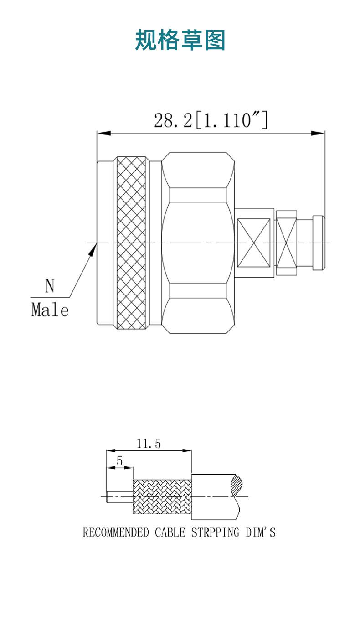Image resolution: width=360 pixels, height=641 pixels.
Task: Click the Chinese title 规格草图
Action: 180,40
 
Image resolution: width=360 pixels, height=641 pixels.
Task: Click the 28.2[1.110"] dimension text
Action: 211,120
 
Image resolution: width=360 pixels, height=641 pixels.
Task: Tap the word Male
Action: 50,310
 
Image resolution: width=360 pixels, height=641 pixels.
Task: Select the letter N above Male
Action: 50,285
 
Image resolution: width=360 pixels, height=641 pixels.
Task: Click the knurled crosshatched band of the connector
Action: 131,243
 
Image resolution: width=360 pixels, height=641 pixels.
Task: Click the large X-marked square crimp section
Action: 254,243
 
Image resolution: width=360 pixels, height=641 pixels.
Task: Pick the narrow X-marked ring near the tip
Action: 287,243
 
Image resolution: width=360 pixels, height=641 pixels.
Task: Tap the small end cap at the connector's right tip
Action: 319,243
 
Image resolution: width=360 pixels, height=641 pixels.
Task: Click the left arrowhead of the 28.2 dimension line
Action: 104,133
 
